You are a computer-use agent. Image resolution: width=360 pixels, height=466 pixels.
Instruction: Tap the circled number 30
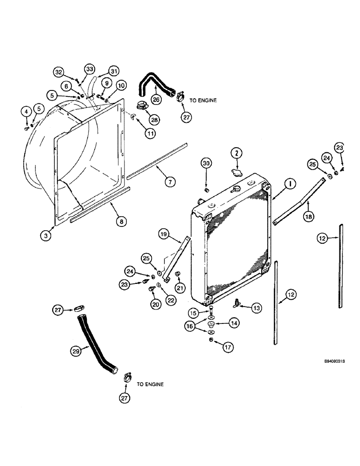pos(207,163)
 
